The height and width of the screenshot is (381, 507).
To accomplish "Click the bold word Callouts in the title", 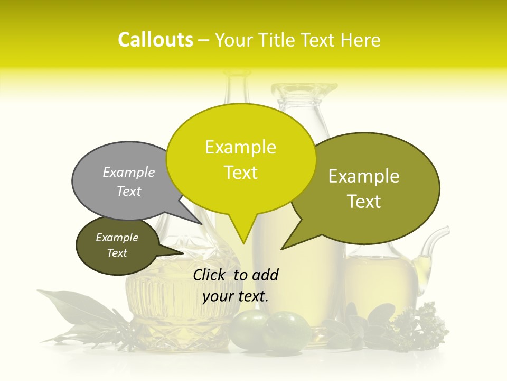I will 155,40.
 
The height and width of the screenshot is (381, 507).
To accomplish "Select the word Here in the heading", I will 361,40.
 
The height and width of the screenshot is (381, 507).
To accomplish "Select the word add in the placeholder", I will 265,275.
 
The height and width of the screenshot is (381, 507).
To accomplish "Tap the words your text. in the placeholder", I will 236,296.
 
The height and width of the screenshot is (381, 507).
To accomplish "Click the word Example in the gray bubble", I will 129,172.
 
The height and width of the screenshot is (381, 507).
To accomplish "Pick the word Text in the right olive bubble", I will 364,202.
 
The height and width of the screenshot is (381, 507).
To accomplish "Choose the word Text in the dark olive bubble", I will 117,253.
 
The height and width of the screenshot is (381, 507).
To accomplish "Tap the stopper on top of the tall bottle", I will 300,93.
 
